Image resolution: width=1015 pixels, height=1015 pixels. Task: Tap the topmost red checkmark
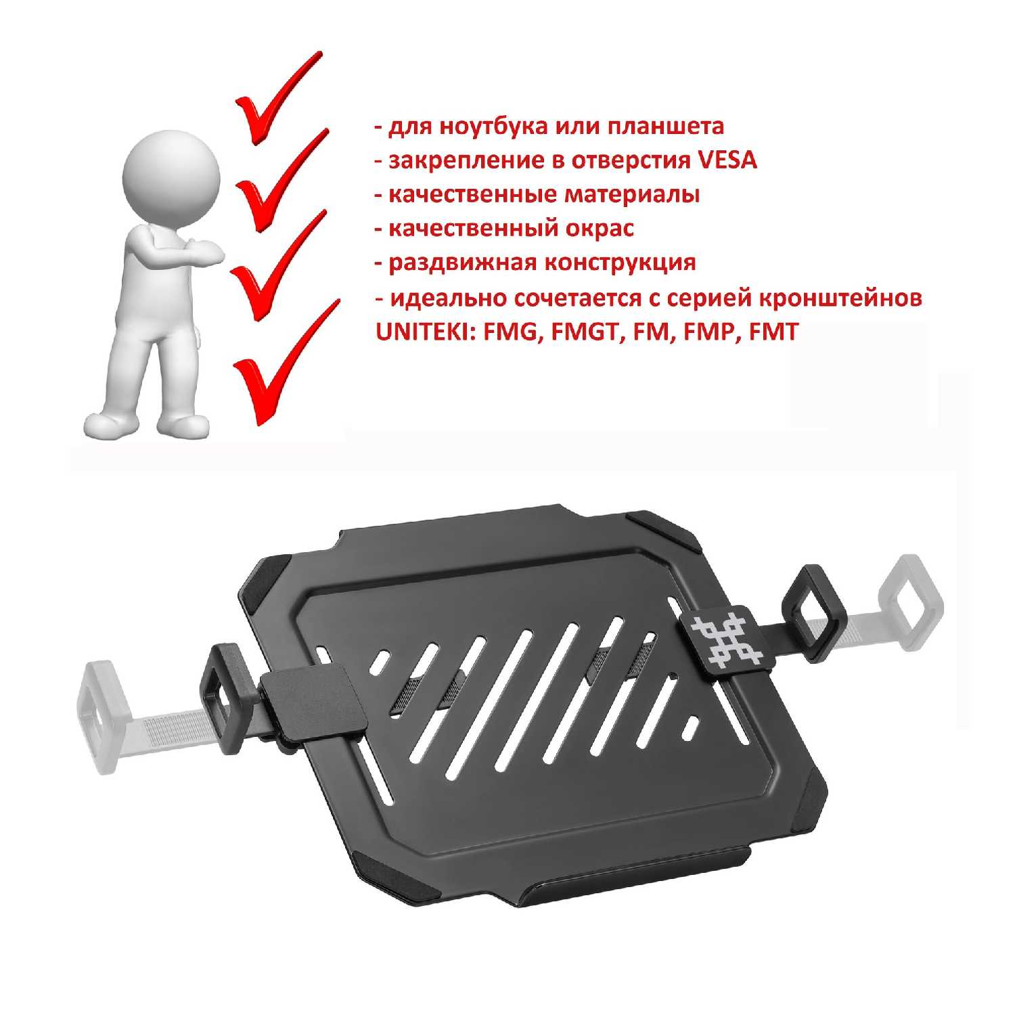pos(274,98)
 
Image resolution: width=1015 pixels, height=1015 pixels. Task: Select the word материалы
pos(632,195)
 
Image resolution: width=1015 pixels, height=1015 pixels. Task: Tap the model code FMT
pos(773,332)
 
